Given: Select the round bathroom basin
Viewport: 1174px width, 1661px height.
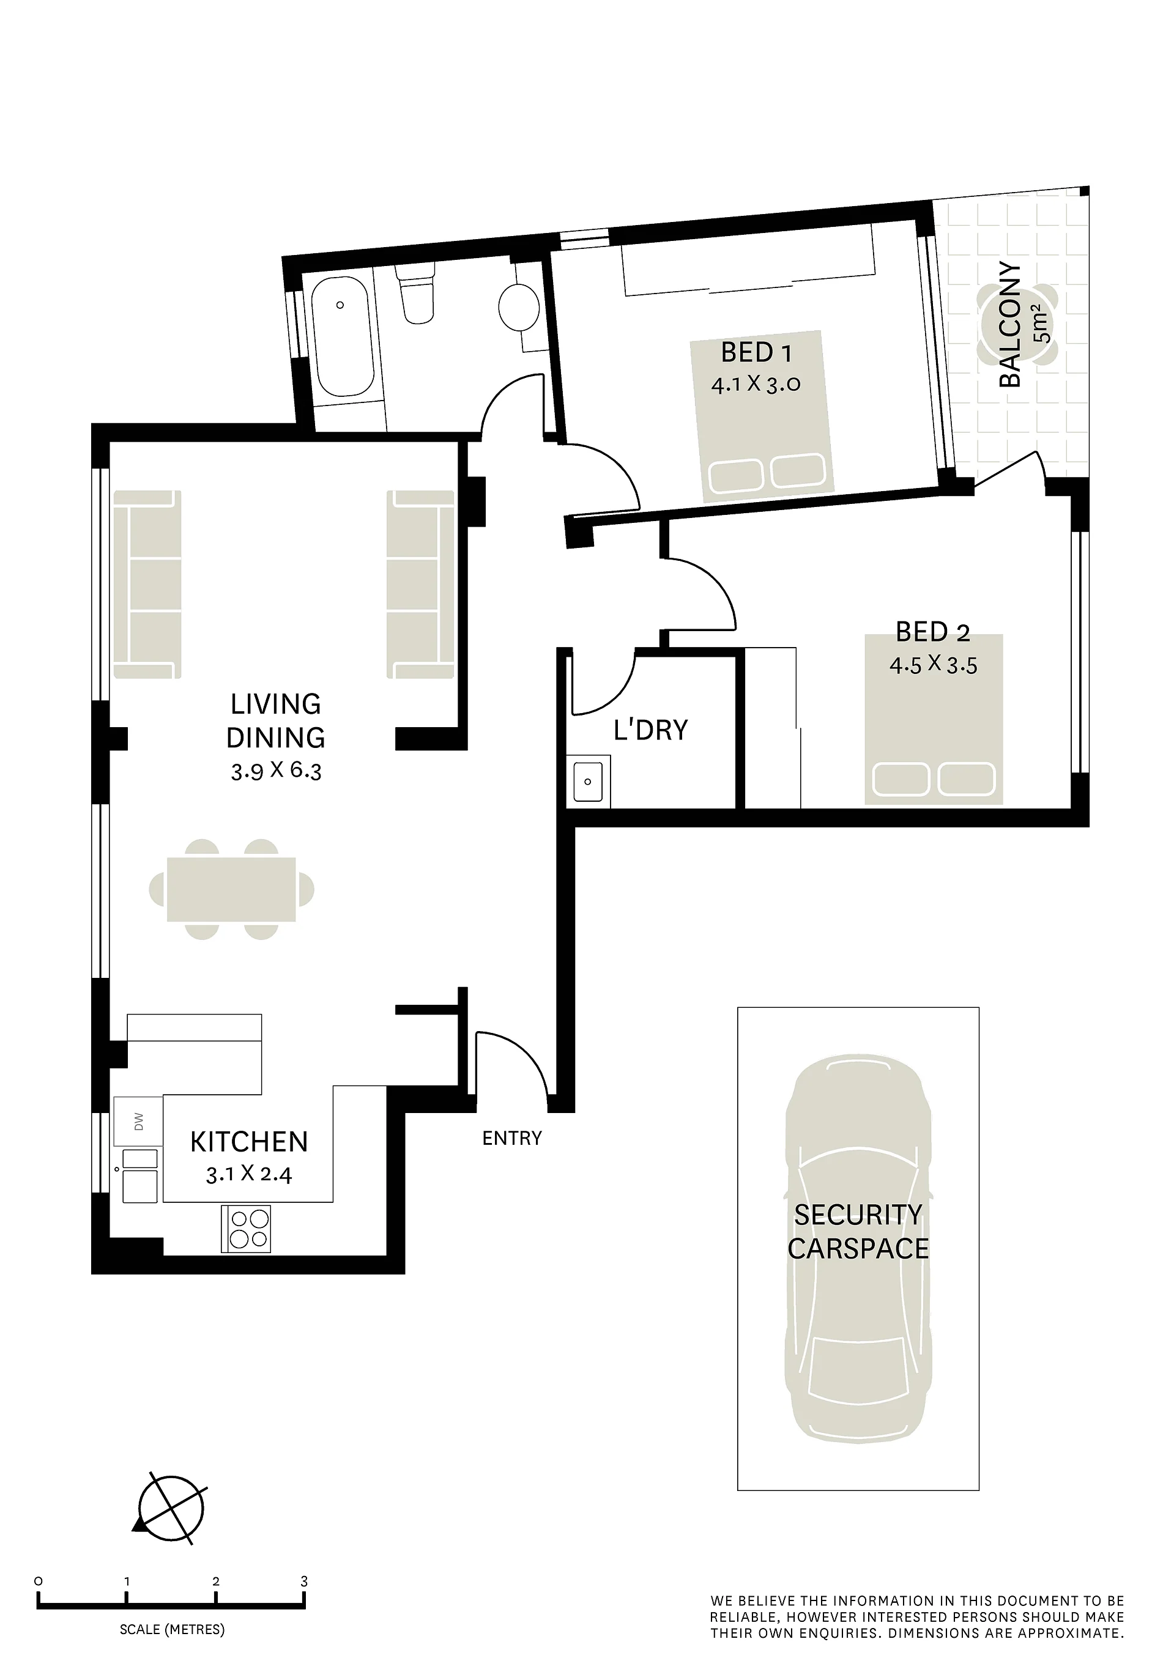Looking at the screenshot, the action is [519, 307].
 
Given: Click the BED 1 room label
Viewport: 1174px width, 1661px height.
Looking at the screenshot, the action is [756, 352].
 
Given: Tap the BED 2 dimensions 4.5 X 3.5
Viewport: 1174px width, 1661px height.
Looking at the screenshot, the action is [933, 664].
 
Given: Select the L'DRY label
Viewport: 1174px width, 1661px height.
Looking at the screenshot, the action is [651, 731].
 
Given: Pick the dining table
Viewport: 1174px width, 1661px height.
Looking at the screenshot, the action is [232, 889].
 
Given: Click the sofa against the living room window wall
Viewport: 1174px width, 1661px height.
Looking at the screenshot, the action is [147, 585].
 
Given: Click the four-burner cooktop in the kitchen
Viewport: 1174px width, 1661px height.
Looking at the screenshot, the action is [246, 1229].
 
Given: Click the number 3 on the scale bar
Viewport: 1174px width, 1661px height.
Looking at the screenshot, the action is [304, 1581].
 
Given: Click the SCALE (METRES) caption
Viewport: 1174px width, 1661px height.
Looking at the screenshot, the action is [173, 1629].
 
